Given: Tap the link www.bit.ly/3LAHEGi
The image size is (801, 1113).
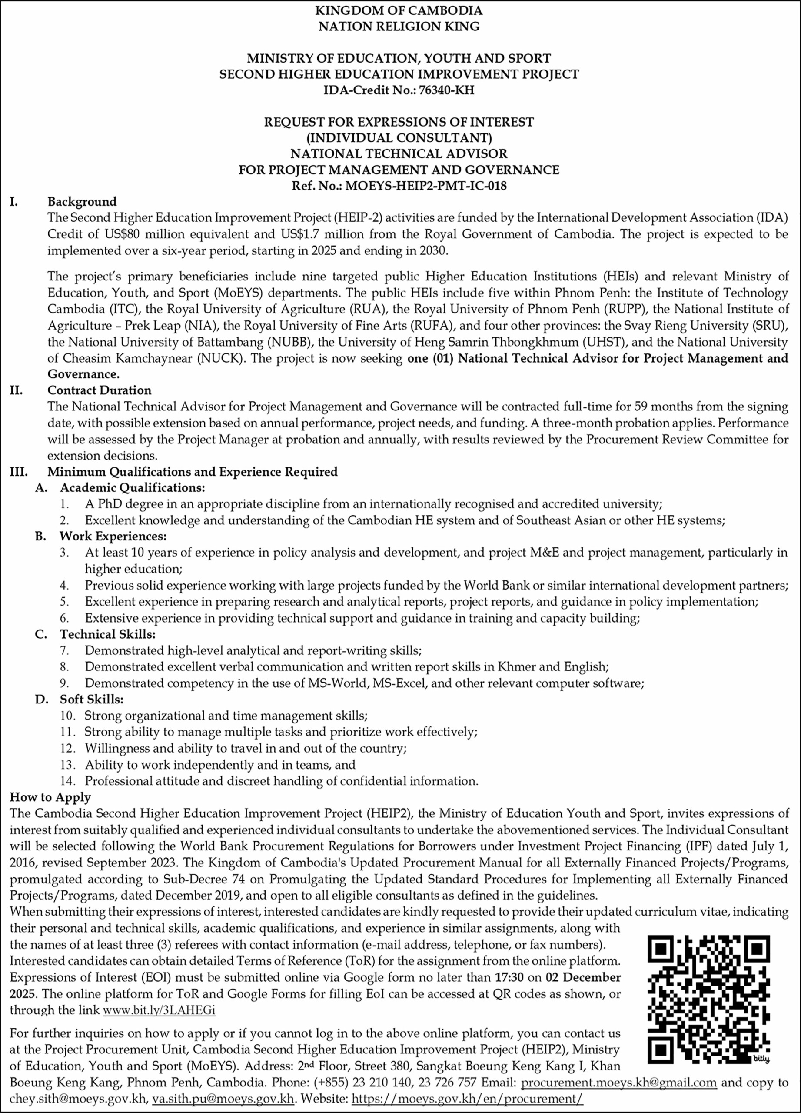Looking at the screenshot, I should (x=159, y=1010).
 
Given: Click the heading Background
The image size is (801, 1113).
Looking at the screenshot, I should (x=82, y=202).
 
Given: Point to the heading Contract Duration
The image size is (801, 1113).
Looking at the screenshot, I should (x=99, y=390).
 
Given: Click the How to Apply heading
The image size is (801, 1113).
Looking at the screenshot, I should (x=50, y=797).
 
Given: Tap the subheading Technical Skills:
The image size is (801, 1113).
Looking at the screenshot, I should (x=107, y=634).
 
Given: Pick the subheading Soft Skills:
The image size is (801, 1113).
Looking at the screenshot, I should (x=91, y=699).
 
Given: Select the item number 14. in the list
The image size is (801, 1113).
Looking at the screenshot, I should (x=68, y=781).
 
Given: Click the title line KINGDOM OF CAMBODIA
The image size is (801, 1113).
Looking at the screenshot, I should (x=399, y=10).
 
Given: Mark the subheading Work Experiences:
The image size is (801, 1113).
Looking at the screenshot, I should (x=113, y=537).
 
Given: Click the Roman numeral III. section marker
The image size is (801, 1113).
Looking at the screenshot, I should (x=19, y=472).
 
